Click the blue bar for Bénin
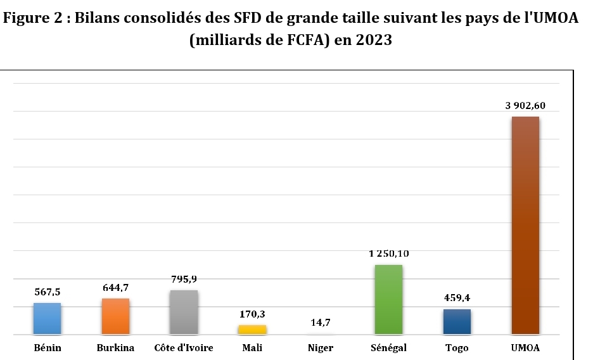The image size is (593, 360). (x=47, y=318)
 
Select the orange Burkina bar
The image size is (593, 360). (x=115, y=316)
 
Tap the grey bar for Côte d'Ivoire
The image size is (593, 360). (x=184, y=312)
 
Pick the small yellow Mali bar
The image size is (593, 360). (x=252, y=330)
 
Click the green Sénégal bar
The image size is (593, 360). (x=388, y=299)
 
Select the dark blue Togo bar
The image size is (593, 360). (x=457, y=321)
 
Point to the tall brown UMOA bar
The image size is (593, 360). (x=525, y=225)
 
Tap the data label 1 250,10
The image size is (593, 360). (x=388, y=254)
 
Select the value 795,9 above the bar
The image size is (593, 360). (x=184, y=279)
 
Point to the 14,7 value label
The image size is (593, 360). (x=321, y=323)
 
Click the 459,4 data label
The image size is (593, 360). (x=457, y=298)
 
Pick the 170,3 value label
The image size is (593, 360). (x=252, y=314)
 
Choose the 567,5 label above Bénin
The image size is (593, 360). (x=48, y=292)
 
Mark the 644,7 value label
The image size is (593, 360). (x=116, y=288)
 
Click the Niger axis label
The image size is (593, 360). (x=321, y=348)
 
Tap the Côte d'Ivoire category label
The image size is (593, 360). (x=184, y=348)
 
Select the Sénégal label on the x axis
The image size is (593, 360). (x=388, y=348)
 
